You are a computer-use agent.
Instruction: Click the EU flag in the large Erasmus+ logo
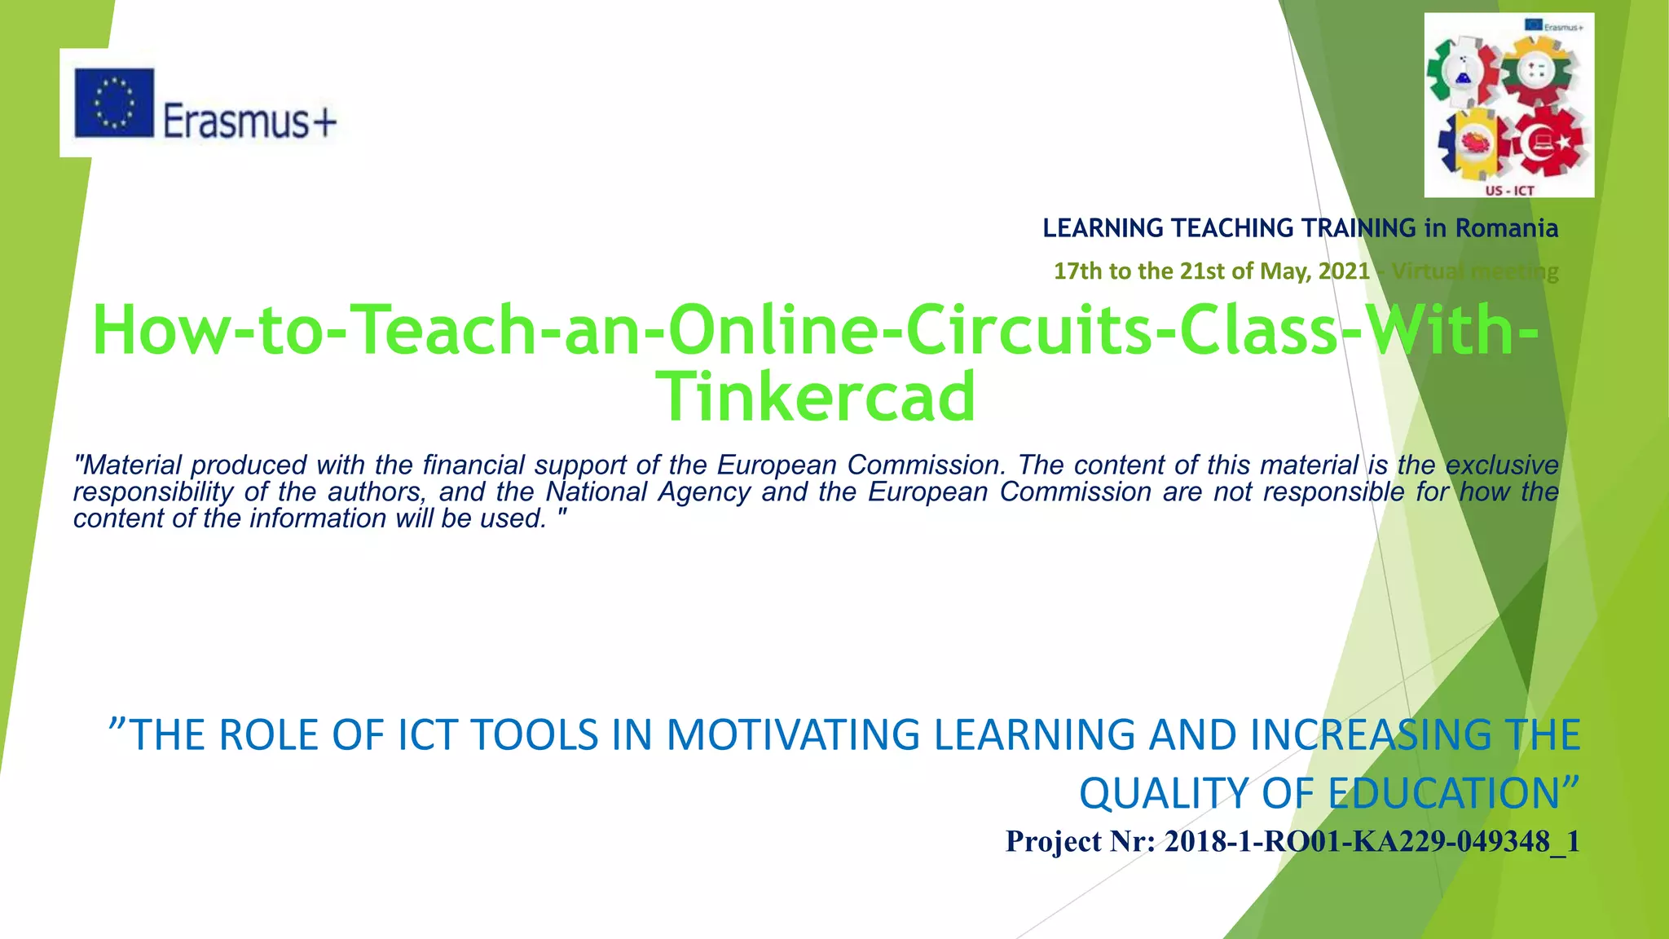coord(114,103)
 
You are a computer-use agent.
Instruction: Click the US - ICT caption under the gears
coord(1509,191)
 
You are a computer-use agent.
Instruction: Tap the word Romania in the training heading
coord(1507,228)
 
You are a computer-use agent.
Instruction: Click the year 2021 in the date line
coord(1344,271)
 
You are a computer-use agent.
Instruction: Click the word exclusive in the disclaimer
coord(1502,465)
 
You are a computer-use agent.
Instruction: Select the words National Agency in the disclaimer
coord(648,492)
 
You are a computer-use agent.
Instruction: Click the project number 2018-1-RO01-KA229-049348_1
coord(1372,841)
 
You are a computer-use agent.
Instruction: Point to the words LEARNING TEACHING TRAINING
coord(1230,228)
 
